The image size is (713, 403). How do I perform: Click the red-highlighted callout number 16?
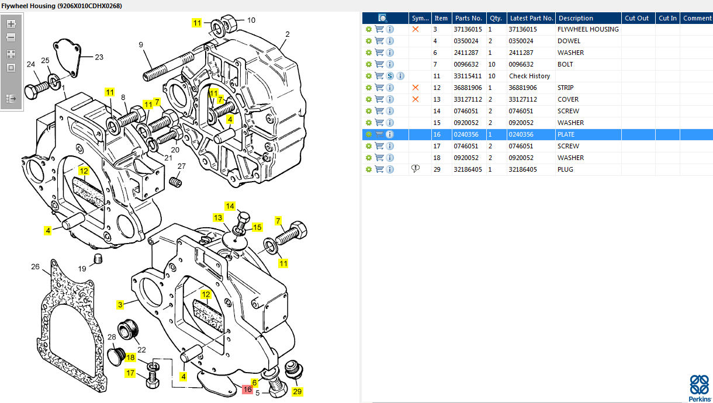pos(247,389)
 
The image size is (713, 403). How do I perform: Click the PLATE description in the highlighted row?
pos(566,134)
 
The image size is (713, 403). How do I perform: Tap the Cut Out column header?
pos(636,18)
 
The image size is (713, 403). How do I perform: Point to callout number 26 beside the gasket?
pos(36,267)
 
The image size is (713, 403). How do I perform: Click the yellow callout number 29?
pos(297,391)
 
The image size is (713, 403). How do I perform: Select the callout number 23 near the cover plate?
pos(99,57)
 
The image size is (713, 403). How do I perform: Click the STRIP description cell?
pos(565,88)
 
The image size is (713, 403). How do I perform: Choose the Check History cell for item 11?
pos(529,76)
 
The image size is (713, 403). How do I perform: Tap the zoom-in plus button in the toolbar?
pos(11,24)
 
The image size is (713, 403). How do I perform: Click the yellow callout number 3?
pos(120,304)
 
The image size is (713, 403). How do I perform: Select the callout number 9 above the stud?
pos(141,44)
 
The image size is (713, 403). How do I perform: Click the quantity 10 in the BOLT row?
pos(492,64)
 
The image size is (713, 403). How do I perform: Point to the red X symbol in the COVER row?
pos(416,99)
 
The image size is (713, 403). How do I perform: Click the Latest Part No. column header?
pos(531,18)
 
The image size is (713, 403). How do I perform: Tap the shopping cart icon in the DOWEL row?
pos(379,41)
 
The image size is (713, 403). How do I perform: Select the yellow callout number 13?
pos(217,218)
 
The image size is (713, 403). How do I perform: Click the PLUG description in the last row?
pos(565,169)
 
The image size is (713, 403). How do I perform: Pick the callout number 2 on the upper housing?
pos(288,34)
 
